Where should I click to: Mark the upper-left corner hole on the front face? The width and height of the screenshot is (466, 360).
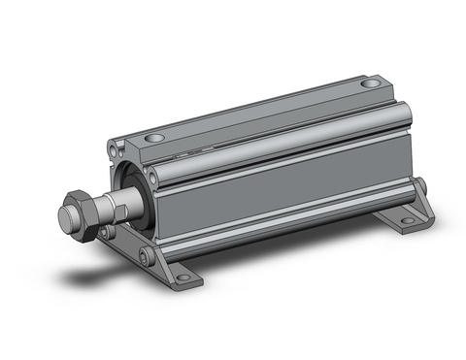click(x=111, y=149)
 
